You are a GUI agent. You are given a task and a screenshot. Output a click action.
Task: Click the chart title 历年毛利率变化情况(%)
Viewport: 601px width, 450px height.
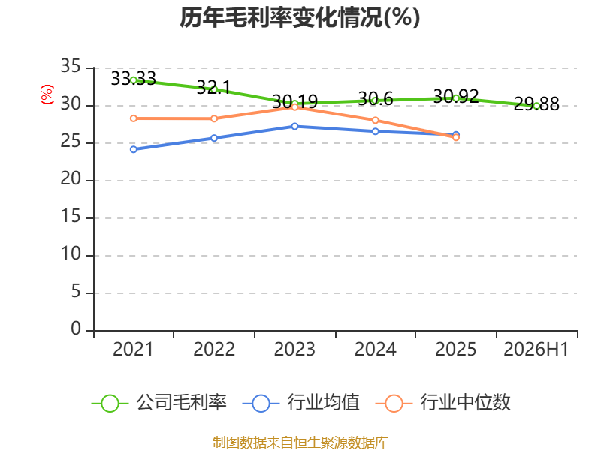point(300,17)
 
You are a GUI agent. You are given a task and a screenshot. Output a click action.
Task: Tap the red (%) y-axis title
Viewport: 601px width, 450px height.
point(47,94)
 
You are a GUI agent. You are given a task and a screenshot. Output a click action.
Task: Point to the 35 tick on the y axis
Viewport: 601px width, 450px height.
point(71,66)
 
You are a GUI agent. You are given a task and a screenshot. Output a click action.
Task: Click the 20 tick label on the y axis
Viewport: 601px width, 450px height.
point(71,178)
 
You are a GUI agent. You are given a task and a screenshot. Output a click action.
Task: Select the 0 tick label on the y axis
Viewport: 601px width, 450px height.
point(76,328)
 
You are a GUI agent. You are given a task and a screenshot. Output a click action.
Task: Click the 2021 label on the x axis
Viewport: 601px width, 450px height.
point(133,349)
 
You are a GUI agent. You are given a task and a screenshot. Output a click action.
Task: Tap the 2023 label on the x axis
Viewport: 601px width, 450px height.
point(294,349)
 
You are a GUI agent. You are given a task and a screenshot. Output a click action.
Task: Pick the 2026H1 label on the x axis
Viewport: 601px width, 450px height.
point(536,349)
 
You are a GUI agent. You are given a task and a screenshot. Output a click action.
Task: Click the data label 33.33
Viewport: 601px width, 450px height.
point(134,79)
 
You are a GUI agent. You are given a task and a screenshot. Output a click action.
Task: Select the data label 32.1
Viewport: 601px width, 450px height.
point(214,88)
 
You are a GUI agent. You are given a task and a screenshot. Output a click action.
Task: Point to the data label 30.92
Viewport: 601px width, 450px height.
point(456,96)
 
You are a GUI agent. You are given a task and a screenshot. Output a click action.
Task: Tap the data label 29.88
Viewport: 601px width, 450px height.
point(536,103)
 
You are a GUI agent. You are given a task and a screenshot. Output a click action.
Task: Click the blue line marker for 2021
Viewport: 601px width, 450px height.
point(134,149)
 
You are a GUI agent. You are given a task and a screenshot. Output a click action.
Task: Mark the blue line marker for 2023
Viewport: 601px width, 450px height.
point(294,126)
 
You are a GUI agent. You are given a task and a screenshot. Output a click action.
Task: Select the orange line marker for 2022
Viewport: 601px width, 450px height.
point(214,118)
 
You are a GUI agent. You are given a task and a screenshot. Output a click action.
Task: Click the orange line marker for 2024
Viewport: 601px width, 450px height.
point(375,121)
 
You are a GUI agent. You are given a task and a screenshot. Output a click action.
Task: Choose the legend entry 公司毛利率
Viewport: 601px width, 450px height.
point(159,403)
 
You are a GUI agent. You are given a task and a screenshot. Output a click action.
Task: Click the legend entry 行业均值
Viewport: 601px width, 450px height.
point(301,403)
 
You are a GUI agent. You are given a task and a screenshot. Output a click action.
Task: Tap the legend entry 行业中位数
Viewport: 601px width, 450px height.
point(443,403)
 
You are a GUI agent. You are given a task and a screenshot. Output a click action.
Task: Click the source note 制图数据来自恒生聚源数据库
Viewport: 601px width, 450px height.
point(300,442)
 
